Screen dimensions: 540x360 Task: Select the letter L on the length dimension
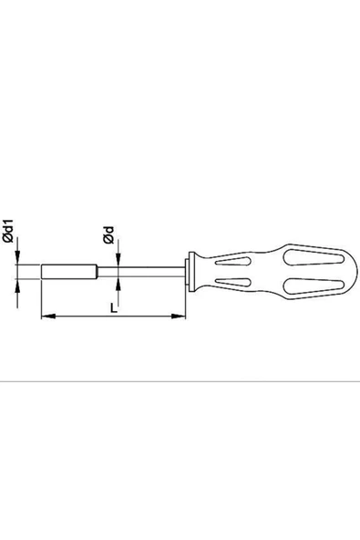coord(112,308)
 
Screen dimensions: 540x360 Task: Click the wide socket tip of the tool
coord(69,273)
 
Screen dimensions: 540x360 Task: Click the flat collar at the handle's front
coord(188,273)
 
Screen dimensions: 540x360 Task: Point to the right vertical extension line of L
coord(186,301)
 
